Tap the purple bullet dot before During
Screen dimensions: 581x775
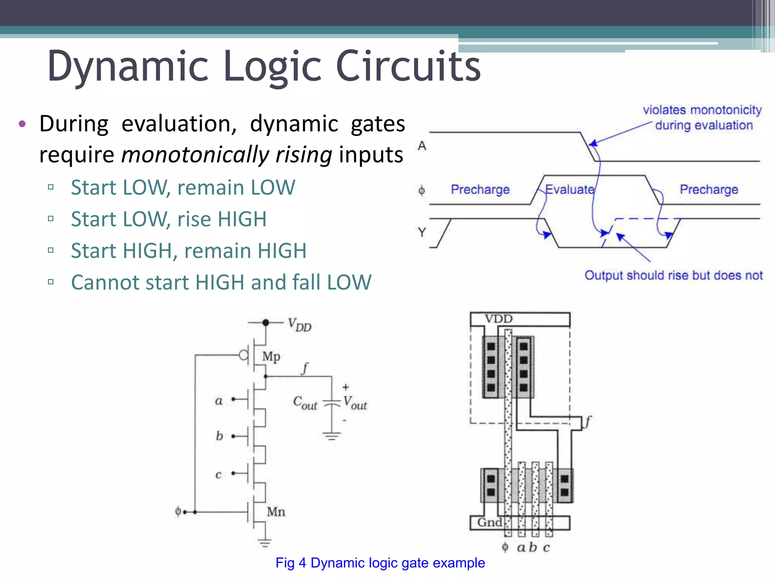pos(22,124)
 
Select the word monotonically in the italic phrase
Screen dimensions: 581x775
pos(195,155)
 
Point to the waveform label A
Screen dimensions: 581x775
pos(422,146)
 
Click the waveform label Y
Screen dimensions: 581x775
pos(422,232)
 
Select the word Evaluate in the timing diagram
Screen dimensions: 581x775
pos(570,189)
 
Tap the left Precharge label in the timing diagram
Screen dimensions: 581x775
pos(480,189)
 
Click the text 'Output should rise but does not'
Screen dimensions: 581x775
pos(674,275)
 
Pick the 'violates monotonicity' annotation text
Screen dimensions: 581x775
pos(702,110)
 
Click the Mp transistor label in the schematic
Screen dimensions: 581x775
pos(271,356)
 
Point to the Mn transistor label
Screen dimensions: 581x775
pos(276,512)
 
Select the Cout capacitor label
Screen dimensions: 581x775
pos(305,403)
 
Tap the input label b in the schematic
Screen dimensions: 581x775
pos(219,436)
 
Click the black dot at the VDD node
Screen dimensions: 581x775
pos(266,323)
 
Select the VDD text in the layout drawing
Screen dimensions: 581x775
pos(498,319)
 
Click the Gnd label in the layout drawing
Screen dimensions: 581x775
pos(489,522)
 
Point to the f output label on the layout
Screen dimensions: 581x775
pos(587,421)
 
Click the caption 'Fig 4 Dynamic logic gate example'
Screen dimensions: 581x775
pos(380,563)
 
